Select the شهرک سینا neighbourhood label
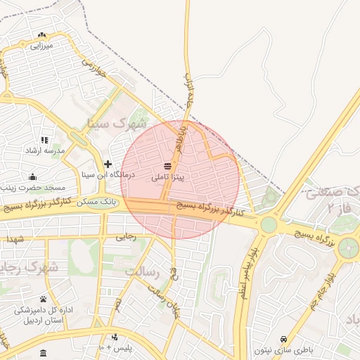click(x=108, y=124)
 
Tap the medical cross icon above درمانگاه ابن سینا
click(x=108, y=163)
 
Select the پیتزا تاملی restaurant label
click(x=168, y=177)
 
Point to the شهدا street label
click(x=15, y=240)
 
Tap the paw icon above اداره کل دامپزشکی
click(x=43, y=299)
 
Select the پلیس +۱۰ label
click(x=125, y=347)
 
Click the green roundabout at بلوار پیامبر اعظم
click(x=269, y=225)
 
